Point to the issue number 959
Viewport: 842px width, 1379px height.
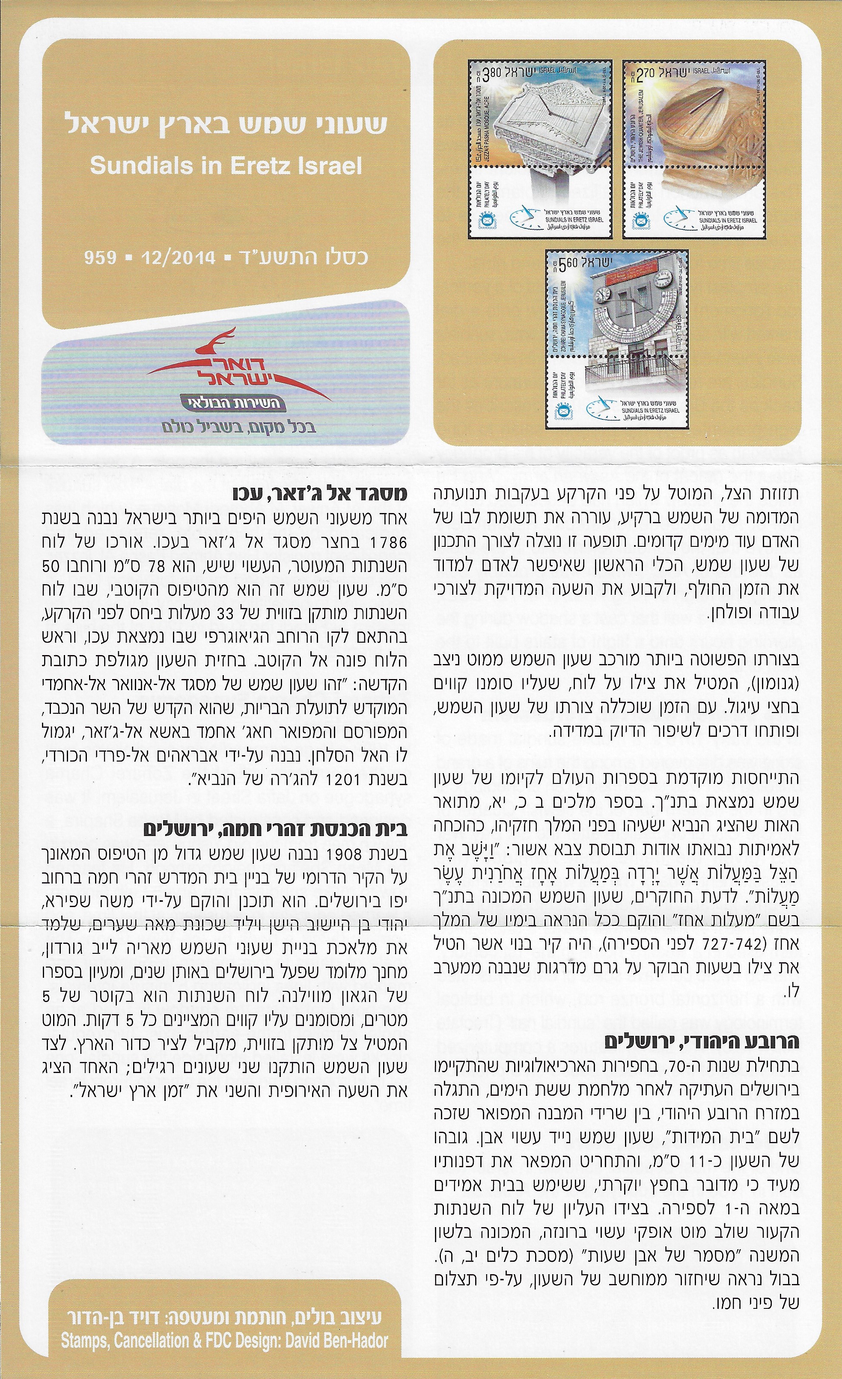[x=100, y=258]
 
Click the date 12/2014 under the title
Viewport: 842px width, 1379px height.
[x=179, y=258]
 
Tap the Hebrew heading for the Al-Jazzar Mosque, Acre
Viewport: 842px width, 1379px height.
[x=320, y=496]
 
